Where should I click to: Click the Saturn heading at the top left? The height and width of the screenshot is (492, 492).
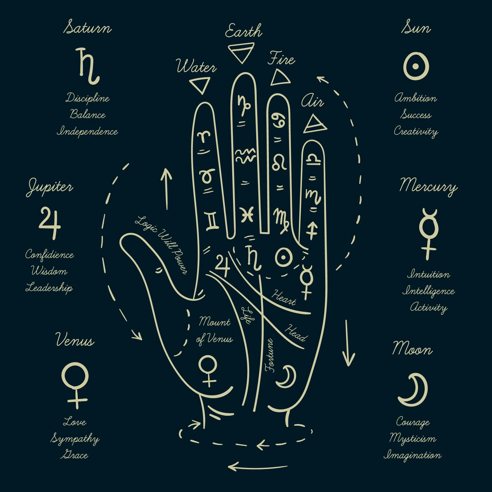pos(87,28)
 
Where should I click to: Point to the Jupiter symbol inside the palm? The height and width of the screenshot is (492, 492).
pos(222,265)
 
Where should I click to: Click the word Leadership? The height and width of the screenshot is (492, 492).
pos(49,288)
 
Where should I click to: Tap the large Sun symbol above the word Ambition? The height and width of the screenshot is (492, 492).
pos(415,65)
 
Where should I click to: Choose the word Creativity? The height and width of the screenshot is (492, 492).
pos(416,132)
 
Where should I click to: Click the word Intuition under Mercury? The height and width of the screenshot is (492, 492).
pos(428,275)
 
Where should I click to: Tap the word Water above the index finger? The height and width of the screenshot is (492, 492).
pos(196,67)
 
